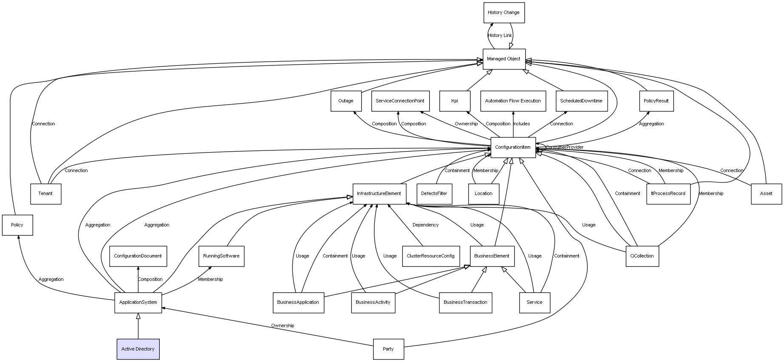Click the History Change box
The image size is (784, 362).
coord(504,13)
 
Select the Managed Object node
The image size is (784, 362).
coord(504,59)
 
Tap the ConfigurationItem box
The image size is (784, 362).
coord(513,147)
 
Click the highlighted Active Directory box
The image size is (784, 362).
coord(138,349)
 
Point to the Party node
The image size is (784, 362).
coord(388,349)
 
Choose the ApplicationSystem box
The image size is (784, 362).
coord(138,303)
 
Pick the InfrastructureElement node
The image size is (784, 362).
coord(379,194)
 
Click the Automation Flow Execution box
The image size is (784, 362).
coord(513,101)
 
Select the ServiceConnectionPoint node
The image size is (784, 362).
coord(400,101)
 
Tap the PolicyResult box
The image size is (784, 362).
coord(656,101)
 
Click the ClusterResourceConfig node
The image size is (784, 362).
coord(430,256)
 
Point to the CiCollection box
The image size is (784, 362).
coord(642,256)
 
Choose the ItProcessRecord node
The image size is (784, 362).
coord(668,194)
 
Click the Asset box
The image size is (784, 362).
coord(766,194)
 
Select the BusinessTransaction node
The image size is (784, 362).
coord(465,303)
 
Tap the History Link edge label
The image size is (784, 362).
coord(500,36)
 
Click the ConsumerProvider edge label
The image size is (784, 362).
coord(564,147)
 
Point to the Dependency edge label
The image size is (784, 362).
coord(425,225)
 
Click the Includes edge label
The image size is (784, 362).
coord(521,124)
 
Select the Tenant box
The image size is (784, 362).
coord(45,194)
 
